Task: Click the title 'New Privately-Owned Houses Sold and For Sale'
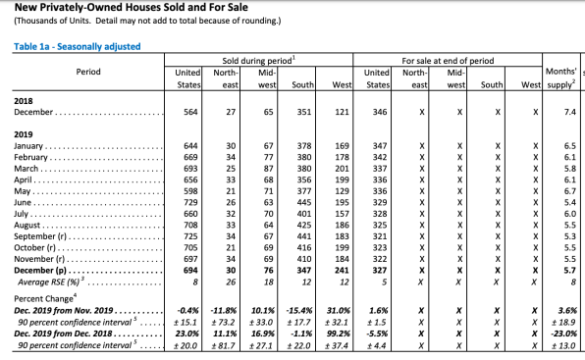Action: pyautogui.click(x=131, y=7)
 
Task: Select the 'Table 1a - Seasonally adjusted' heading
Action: pyautogui.click(x=78, y=46)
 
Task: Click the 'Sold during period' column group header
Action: pyautogui.click(x=258, y=61)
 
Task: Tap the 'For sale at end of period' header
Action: pyautogui.click(x=448, y=61)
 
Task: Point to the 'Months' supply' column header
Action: pyautogui.click(x=561, y=77)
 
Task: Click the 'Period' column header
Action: pyautogui.click(x=88, y=72)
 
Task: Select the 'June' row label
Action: pyautogui.click(x=23, y=202)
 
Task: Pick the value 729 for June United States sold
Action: pyautogui.click(x=190, y=202)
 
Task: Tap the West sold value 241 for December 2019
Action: pyautogui.click(x=342, y=270)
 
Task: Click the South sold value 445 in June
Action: pyautogui.click(x=304, y=202)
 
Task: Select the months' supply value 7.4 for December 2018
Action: pyautogui.click(x=570, y=112)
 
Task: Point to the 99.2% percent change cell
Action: pyautogui.click(x=339, y=334)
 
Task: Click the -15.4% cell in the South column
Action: pyautogui.click(x=299, y=310)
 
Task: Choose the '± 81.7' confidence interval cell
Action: pyautogui.click(x=223, y=345)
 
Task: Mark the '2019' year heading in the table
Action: pyautogui.click(x=24, y=134)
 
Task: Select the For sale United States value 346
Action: pyautogui.click(x=380, y=112)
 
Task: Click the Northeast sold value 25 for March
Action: pyautogui.click(x=231, y=169)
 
